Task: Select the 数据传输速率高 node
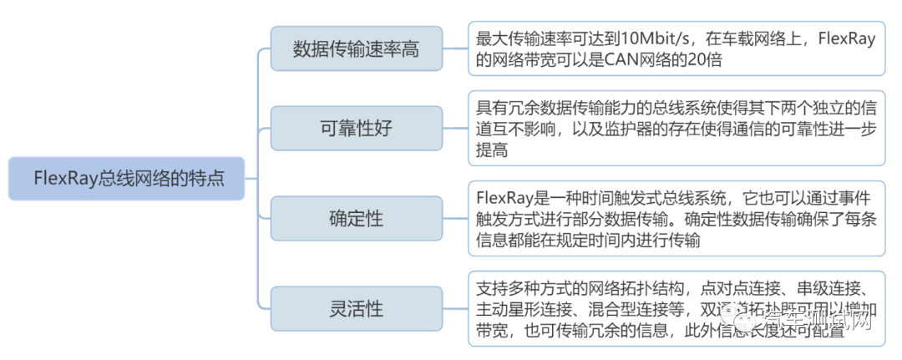(x=356, y=48)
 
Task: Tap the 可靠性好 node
(x=356, y=129)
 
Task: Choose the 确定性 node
(x=356, y=219)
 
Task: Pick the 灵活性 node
(x=356, y=308)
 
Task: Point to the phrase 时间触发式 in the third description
(x=609, y=198)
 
